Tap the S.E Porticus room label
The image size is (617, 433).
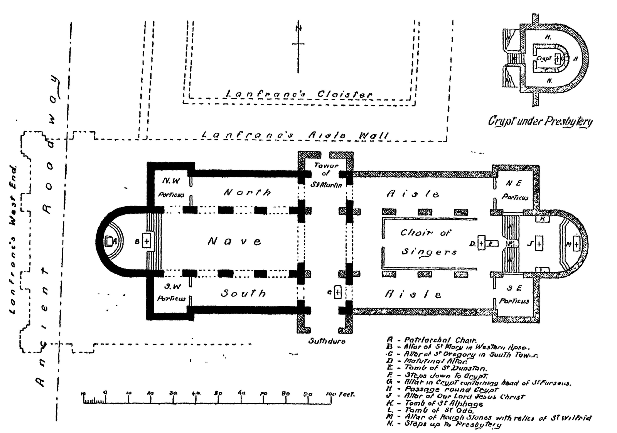(x=514, y=295)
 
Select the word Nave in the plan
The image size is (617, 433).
(x=234, y=242)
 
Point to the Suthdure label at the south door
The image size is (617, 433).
(x=327, y=341)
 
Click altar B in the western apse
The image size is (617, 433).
(x=147, y=242)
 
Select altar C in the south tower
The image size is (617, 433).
(x=338, y=292)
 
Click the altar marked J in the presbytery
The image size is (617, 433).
(x=539, y=244)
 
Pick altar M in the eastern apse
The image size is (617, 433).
(x=576, y=244)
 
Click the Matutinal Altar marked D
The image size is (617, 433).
(x=481, y=243)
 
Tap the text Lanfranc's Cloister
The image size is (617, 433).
(x=299, y=94)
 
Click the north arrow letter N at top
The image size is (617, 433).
(x=298, y=28)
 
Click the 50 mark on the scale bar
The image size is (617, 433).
(x=218, y=394)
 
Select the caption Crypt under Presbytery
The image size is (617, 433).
(x=540, y=121)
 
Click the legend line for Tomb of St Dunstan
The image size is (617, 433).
(x=440, y=368)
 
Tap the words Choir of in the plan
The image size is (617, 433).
(x=425, y=233)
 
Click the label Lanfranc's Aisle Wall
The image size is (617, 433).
(x=295, y=135)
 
